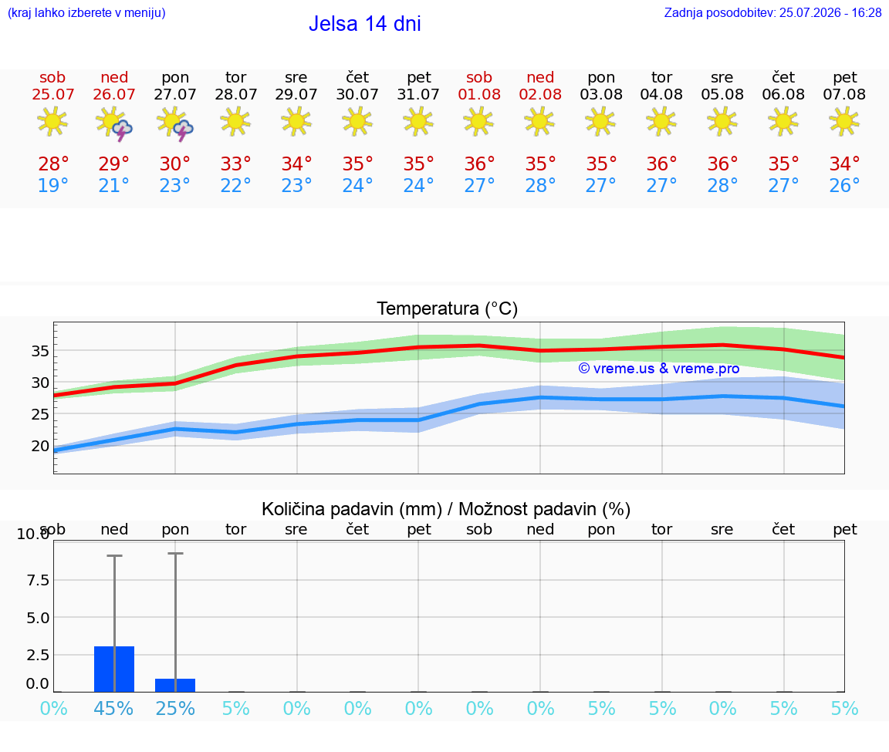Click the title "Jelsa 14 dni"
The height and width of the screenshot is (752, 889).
click(x=364, y=24)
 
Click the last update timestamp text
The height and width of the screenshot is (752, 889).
click(x=772, y=12)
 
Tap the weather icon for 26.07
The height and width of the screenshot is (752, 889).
click(x=114, y=123)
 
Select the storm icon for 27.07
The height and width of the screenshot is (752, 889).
click(x=175, y=123)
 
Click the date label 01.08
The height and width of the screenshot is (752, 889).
click(x=479, y=94)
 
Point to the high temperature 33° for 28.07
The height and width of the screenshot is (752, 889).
click(x=236, y=164)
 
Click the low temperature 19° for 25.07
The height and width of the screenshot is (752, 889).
click(x=53, y=185)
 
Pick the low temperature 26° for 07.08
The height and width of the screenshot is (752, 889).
click(x=844, y=185)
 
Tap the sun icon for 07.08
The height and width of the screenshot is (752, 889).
click(x=844, y=121)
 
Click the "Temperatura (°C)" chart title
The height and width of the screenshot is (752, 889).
click(x=448, y=309)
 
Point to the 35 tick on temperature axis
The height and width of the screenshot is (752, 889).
click(x=40, y=351)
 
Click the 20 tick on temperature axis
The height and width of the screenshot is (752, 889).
click(x=40, y=446)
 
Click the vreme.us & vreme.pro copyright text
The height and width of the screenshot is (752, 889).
click(x=659, y=369)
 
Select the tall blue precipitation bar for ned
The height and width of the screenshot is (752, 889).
click(x=114, y=669)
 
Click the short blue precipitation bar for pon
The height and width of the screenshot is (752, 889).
click(x=175, y=685)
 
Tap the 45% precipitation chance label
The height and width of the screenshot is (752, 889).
click(x=114, y=708)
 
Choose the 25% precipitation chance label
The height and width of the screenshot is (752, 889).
click(x=175, y=708)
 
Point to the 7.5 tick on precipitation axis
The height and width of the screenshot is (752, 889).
click(x=37, y=580)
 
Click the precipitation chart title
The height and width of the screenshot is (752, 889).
click(x=446, y=509)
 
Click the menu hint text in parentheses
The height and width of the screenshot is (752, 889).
click(x=86, y=12)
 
